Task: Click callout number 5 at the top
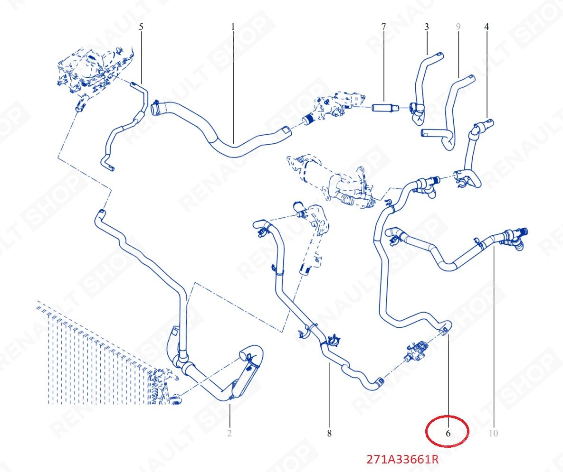[x=141, y=27]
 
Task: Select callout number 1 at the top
[x=233, y=27]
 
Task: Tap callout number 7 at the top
[x=383, y=27]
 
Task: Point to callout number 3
[x=427, y=27]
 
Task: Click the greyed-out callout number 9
[x=458, y=27]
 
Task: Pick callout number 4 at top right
[x=487, y=27]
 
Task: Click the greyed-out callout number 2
[x=229, y=433]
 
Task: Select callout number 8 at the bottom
[x=329, y=433]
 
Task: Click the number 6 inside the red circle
[x=448, y=433]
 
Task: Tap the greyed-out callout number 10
[x=493, y=433]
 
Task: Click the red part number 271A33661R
[x=402, y=459]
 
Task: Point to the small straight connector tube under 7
[x=385, y=107]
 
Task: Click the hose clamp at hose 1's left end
[x=155, y=108]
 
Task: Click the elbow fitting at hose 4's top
[x=483, y=127]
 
